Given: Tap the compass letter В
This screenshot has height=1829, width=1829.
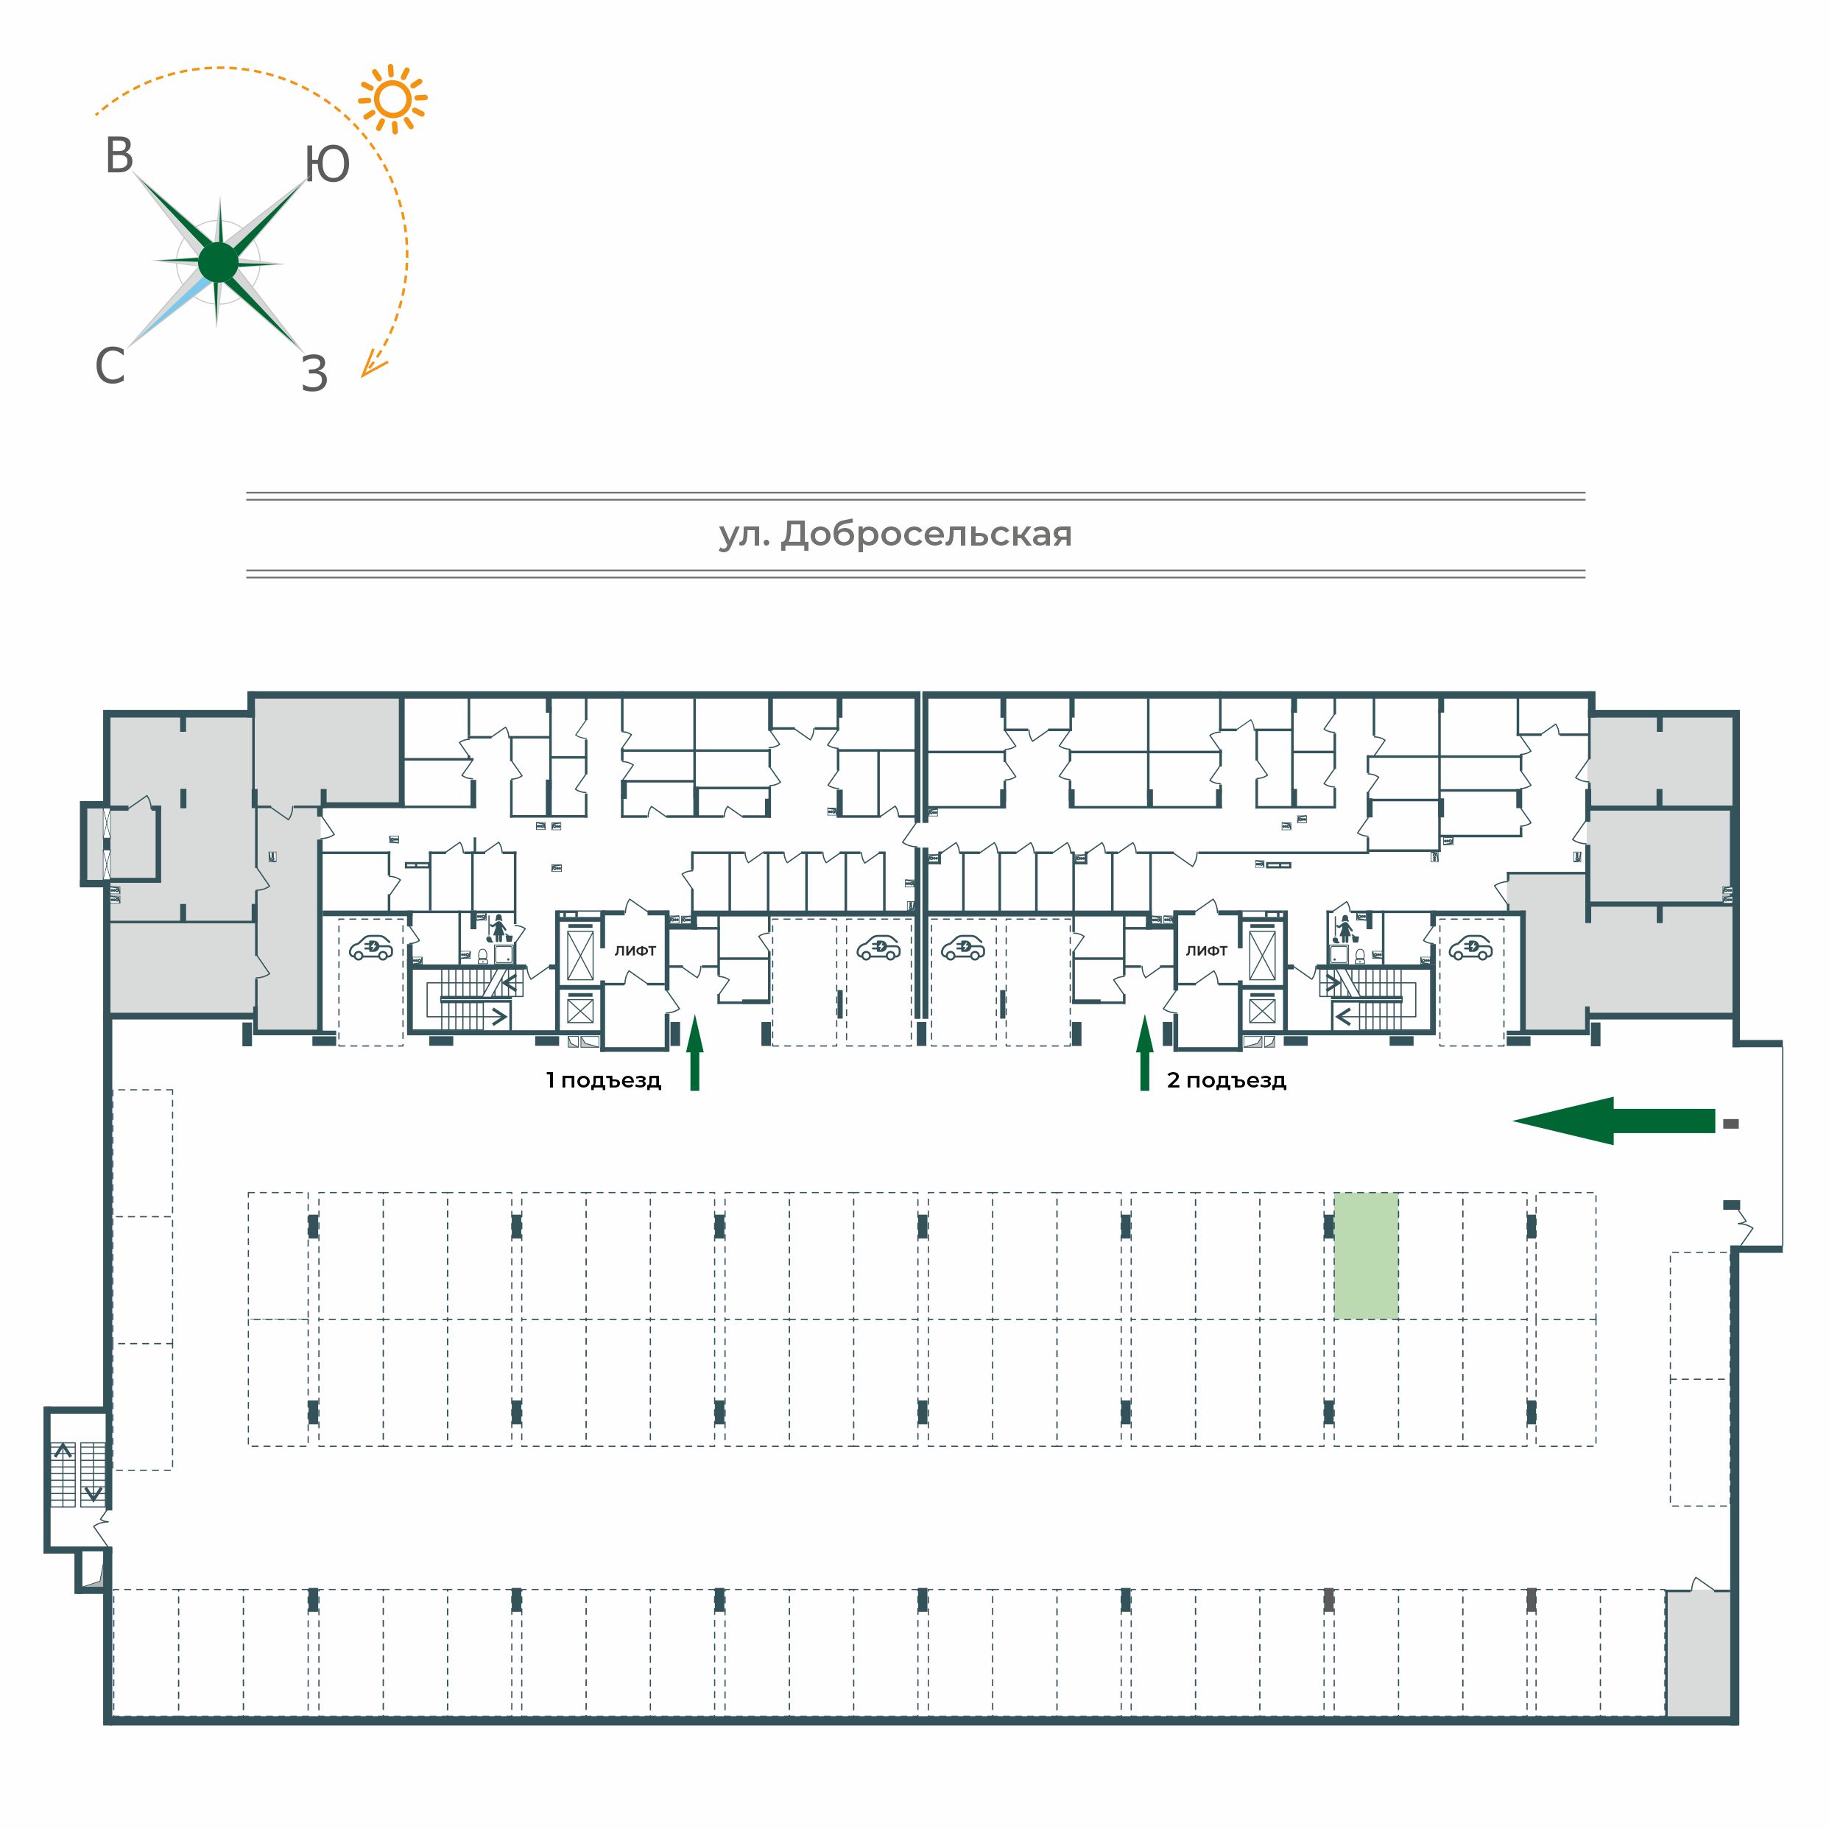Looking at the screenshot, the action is [x=119, y=156].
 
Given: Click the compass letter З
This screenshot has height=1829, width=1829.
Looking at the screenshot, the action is [x=314, y=374].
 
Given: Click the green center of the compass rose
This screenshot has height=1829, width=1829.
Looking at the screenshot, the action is [x=219, y=262].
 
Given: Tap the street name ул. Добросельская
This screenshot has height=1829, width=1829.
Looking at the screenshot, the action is [x=895, y=535].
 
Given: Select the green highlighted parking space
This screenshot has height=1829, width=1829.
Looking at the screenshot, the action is [x=1366, y=1255].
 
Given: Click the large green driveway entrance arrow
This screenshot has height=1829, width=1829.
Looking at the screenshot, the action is [x=1614, y=1121].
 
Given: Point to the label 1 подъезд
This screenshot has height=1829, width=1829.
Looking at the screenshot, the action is [x=603, y=1080].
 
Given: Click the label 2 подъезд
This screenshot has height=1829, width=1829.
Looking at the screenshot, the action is [x=1227, y=1080].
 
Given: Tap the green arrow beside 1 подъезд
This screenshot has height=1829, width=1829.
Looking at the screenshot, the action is [x=695, y=1053].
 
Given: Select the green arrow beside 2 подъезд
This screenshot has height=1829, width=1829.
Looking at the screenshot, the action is [x=1144, y=1053].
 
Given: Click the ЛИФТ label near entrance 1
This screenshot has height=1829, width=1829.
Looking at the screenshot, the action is [x=635, y=951].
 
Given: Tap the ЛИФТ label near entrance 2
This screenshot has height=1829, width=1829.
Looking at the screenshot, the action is [x=1207, y=951].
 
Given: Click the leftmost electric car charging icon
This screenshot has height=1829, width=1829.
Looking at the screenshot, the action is [x=371, y=948].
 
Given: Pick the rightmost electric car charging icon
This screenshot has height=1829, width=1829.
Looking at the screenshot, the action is [x=1471, y=948].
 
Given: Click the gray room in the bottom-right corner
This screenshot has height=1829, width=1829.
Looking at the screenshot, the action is [x=1699, y=1653].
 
